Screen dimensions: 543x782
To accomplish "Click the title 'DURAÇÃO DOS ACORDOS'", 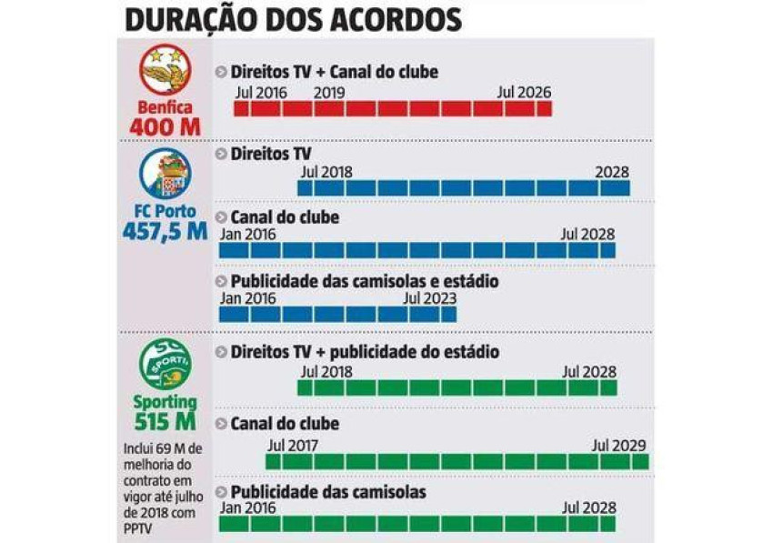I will click(292, 19).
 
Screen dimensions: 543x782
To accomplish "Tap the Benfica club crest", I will click(165, 72).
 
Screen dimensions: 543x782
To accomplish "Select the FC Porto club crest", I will click(165, 175).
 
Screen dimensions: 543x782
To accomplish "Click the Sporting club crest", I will click(165, 363).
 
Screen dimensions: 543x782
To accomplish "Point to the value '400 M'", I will click(165, 126).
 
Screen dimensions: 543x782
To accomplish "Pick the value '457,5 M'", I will click(165, 231).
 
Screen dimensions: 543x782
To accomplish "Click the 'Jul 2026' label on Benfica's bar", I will click(524, 93).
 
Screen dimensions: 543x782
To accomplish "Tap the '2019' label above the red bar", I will click(328, 93).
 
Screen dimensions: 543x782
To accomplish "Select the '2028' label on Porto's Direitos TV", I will click(612, 172).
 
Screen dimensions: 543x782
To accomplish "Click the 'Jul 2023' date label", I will click(429, 298).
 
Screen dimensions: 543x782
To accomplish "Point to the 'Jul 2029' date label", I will click(618, 446).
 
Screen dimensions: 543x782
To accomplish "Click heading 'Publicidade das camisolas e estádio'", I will click(364, 281).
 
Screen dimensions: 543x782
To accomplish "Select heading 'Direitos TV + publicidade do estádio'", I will click(365, 352).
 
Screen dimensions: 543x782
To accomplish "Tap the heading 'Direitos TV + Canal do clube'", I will click(334, 72).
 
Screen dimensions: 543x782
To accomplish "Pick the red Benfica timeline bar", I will click(393, 109).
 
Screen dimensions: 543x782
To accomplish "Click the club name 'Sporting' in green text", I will click(165, 401).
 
